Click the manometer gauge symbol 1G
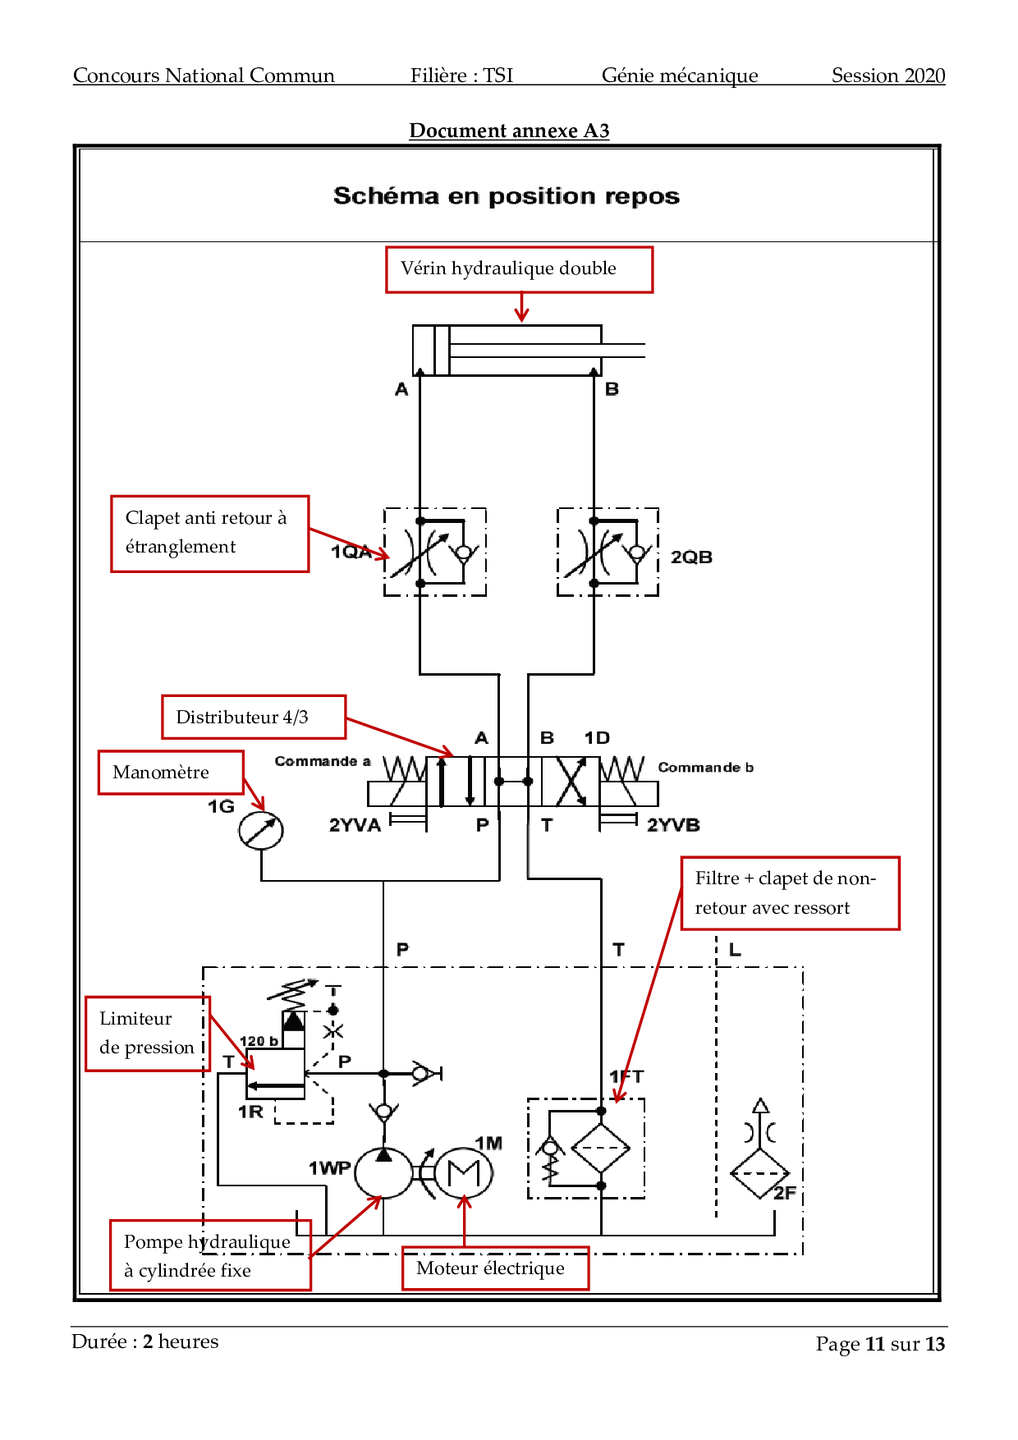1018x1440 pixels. click(x=261, y=831)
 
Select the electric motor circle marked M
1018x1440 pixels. click(x=463, y=1173)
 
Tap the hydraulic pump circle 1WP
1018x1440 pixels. click(x=383, y=1172)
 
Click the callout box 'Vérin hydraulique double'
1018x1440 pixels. click(x=519, y=269)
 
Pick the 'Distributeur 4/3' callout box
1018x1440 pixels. click(x=253, y=717)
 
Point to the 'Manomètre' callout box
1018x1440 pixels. click(x=171, y=773)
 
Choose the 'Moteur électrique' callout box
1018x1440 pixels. click(x=495, y=1268)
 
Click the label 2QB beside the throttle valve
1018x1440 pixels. click(x=691, y=557)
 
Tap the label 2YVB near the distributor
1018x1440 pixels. click(x=673, y=825)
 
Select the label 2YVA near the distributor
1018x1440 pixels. click(x=355, y=825)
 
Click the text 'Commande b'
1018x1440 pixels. click(x=705, y=768)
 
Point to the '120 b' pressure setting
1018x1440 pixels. click(x=259, y=1041)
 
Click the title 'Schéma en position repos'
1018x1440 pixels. click(x=507, y=196)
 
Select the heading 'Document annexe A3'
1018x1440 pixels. click(x=509, y=131)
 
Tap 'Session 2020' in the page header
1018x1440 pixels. click(x=888, y=76)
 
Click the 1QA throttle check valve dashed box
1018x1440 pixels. click(x=435, y=552)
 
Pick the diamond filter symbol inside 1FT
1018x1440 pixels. click(x=601, y=1148)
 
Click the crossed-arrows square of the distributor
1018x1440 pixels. click(x=571, y=782)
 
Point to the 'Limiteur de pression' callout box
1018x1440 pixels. click(x=148, y=1034)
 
